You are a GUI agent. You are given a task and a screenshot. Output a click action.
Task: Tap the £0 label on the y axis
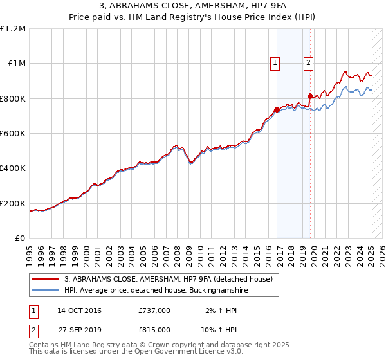coord(20,239)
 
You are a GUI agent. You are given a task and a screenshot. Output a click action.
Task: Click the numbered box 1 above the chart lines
coord(275,62)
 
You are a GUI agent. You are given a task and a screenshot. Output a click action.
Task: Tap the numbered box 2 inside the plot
coord(309,62)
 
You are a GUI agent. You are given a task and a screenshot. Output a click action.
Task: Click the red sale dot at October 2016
coord(277,109)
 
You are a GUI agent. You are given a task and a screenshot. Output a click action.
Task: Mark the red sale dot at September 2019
coord(310,96)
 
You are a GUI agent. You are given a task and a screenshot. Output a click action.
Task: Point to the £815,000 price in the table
coord(154,329)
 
